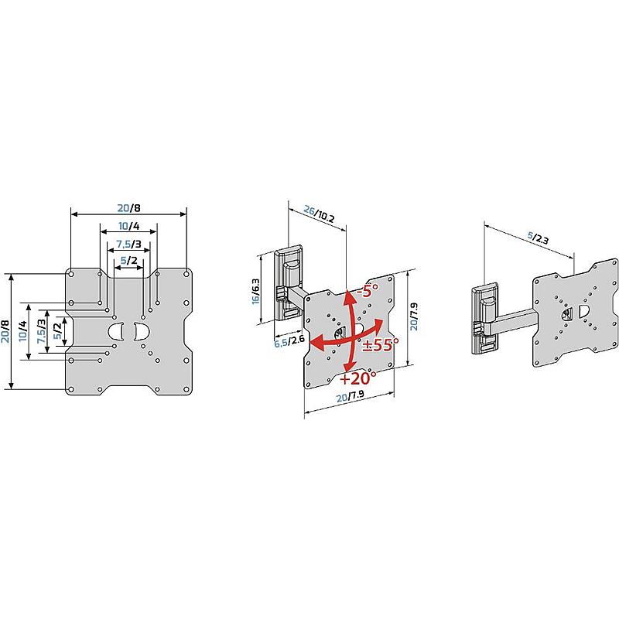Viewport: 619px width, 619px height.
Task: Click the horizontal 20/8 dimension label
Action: [128, 207]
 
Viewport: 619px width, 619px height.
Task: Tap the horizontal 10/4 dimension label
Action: [128, 226]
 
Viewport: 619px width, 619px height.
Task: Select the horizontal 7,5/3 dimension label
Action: [128, 245]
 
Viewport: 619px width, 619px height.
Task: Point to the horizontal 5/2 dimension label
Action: [128, 261]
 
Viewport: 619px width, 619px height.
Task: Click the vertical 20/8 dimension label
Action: [5, 331]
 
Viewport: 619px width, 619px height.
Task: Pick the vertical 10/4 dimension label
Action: [23, 331]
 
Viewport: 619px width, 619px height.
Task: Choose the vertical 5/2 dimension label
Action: [57, 331]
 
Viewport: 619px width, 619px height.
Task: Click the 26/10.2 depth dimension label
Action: [319, 214]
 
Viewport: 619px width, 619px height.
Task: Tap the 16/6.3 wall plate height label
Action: [256, 291]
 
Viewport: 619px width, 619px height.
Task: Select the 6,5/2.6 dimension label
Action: [289, 341]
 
